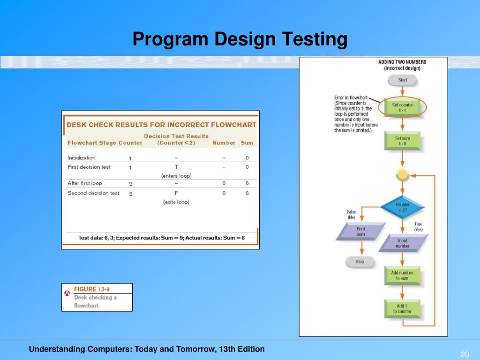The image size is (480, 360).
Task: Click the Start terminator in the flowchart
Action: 402,80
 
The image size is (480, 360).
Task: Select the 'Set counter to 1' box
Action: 402,108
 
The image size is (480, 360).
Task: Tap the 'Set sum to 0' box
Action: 402,141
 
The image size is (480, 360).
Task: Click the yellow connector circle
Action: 402,175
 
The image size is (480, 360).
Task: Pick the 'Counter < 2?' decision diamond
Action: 402,207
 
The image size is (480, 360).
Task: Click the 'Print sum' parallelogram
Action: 360,231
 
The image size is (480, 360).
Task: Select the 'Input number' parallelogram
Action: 402,243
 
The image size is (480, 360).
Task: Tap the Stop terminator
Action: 360,262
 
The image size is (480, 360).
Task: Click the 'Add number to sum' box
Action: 402,275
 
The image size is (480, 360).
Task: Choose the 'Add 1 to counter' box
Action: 402,308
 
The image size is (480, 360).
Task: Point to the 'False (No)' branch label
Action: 351,215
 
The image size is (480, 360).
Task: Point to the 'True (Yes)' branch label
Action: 418,227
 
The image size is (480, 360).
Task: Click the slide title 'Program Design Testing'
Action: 240,39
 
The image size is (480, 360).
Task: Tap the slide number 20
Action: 465,354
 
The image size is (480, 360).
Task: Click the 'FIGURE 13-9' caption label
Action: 95,289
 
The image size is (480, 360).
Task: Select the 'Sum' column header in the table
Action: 247,142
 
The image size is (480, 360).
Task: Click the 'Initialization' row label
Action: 82,158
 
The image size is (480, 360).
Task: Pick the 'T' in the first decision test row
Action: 176,167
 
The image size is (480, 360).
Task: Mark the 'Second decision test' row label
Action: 93,193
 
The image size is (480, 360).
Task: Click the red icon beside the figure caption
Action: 67,293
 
